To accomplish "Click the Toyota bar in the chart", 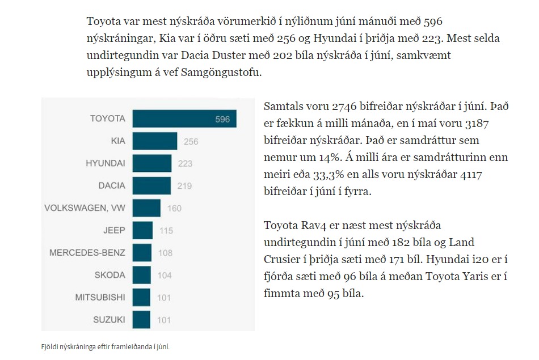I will click(184, 119).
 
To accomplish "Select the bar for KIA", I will click(154, 141).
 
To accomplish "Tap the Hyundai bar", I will click(151, 163).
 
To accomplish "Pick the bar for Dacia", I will click(151, 185).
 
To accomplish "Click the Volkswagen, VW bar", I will click(146, 208).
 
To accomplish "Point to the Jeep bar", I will click(142, 230).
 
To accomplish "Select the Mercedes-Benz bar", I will click(142, 253).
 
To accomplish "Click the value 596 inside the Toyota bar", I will click(222, 120).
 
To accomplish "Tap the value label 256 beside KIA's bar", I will click(191, 142).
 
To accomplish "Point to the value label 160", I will click(174, 209).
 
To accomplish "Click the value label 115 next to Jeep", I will click(166, 231).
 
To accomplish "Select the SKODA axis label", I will click(110, 276).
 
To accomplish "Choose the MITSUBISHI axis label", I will click(100, 298).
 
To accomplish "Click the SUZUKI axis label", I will click(109, 320).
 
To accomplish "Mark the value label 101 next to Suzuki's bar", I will click(163, 320).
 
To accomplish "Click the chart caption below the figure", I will click(105, 346).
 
